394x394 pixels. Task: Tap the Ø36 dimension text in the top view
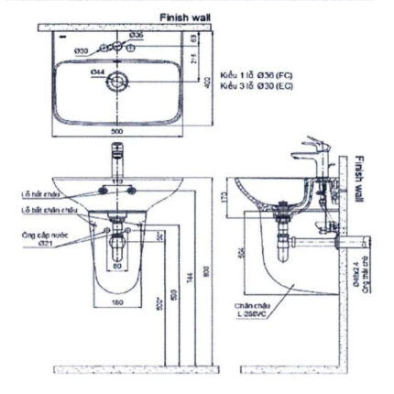tap(136, 34)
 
